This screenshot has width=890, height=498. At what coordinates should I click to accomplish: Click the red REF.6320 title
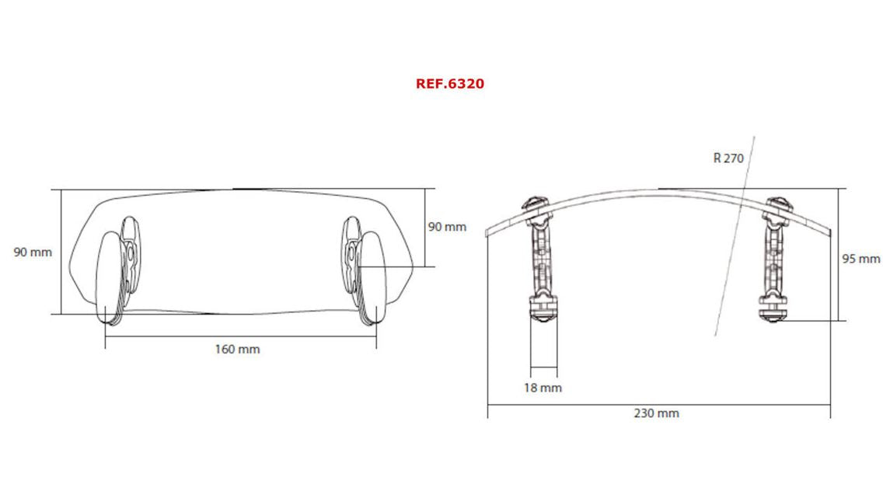coord(449,84)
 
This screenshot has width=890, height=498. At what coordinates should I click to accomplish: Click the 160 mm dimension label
coord(237,350)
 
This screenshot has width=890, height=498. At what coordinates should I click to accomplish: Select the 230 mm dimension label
coord(657,413)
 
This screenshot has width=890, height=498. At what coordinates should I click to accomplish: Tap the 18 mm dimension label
coord(543,388)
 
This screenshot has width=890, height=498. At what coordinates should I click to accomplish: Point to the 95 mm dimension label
coord(860,259)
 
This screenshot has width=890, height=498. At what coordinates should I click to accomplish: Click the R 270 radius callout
coord(728,158)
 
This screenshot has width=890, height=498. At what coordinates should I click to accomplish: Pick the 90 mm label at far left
coord(33,252)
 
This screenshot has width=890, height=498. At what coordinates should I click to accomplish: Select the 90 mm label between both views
coord(447,227)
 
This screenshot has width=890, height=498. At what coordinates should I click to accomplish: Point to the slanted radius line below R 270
coord(731,249)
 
